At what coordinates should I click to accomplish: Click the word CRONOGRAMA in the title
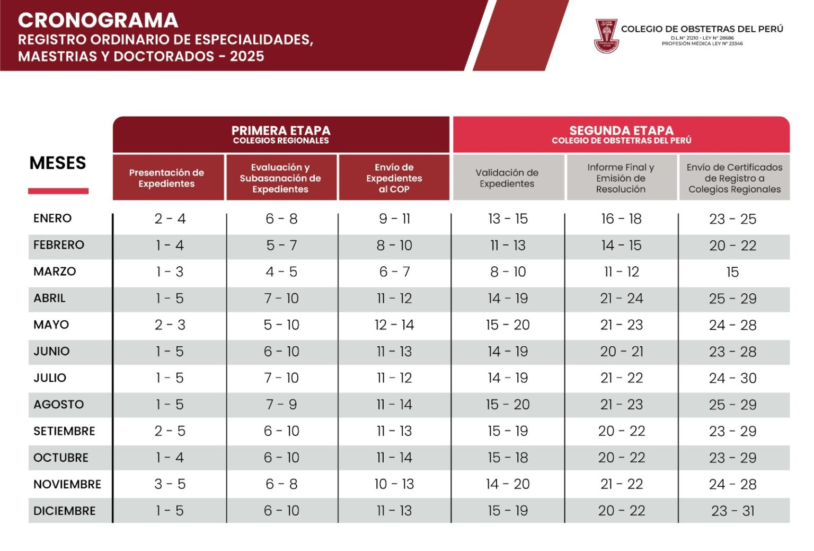click(x=98, y=20)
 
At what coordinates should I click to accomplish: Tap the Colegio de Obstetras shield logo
click(x=606, y=36)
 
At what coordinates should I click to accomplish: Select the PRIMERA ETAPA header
click(x=281, y=130)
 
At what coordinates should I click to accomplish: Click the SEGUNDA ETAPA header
click(x=622, y=130)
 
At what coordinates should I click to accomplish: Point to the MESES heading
click(x=58, y=163)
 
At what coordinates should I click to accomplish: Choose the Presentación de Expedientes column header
click(x=166, y=178)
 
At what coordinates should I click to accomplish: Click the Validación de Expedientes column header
click(x=507, y=178)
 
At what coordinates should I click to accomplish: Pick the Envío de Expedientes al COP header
click(x=394, y=178)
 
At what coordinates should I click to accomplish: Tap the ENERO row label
click(x=52, y=218)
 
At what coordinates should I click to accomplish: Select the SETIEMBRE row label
click(x=64, y=431)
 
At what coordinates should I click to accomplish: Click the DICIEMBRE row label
click(x=64, y=511)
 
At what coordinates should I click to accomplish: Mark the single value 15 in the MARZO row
click(x=732, y=272)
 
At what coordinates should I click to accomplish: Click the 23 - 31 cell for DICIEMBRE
click(x=732, y=511)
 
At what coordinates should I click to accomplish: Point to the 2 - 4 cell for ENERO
click(x=170, y=218)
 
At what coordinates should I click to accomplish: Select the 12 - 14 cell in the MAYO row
click(x=394, y=325)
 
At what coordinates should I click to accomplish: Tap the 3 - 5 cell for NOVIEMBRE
click(x=170, y=484)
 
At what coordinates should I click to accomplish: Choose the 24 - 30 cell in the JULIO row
click(x=732, y=378)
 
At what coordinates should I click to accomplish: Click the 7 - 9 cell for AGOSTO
click(x=281, y=405)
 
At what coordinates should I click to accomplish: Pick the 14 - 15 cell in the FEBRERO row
click(x=622, y=246)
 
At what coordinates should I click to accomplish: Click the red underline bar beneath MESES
click(x=58, y=191)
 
